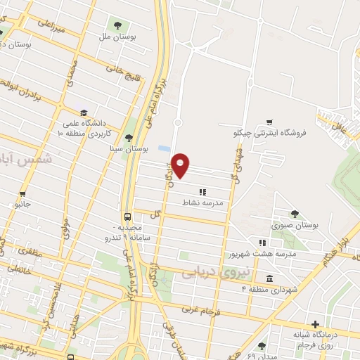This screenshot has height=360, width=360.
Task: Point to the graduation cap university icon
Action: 84,112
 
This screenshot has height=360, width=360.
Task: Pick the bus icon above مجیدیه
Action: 127,217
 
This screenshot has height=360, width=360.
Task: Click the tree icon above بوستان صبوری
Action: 295,214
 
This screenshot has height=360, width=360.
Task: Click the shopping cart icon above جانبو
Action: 22,194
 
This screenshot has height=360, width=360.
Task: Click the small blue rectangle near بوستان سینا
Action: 164,149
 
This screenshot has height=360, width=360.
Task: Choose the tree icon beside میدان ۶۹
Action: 262,346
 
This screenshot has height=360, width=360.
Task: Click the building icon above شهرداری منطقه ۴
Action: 271,278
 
